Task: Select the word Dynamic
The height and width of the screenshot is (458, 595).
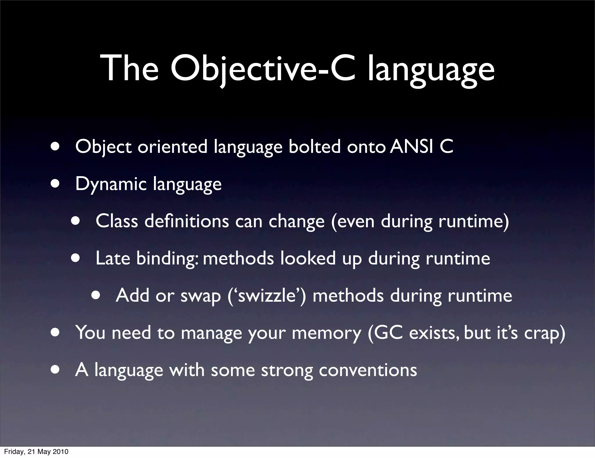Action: coord(111,184)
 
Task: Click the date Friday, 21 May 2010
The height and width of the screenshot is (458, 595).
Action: coord(36,451)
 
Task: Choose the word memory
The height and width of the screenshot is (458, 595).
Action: coord(326,333)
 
